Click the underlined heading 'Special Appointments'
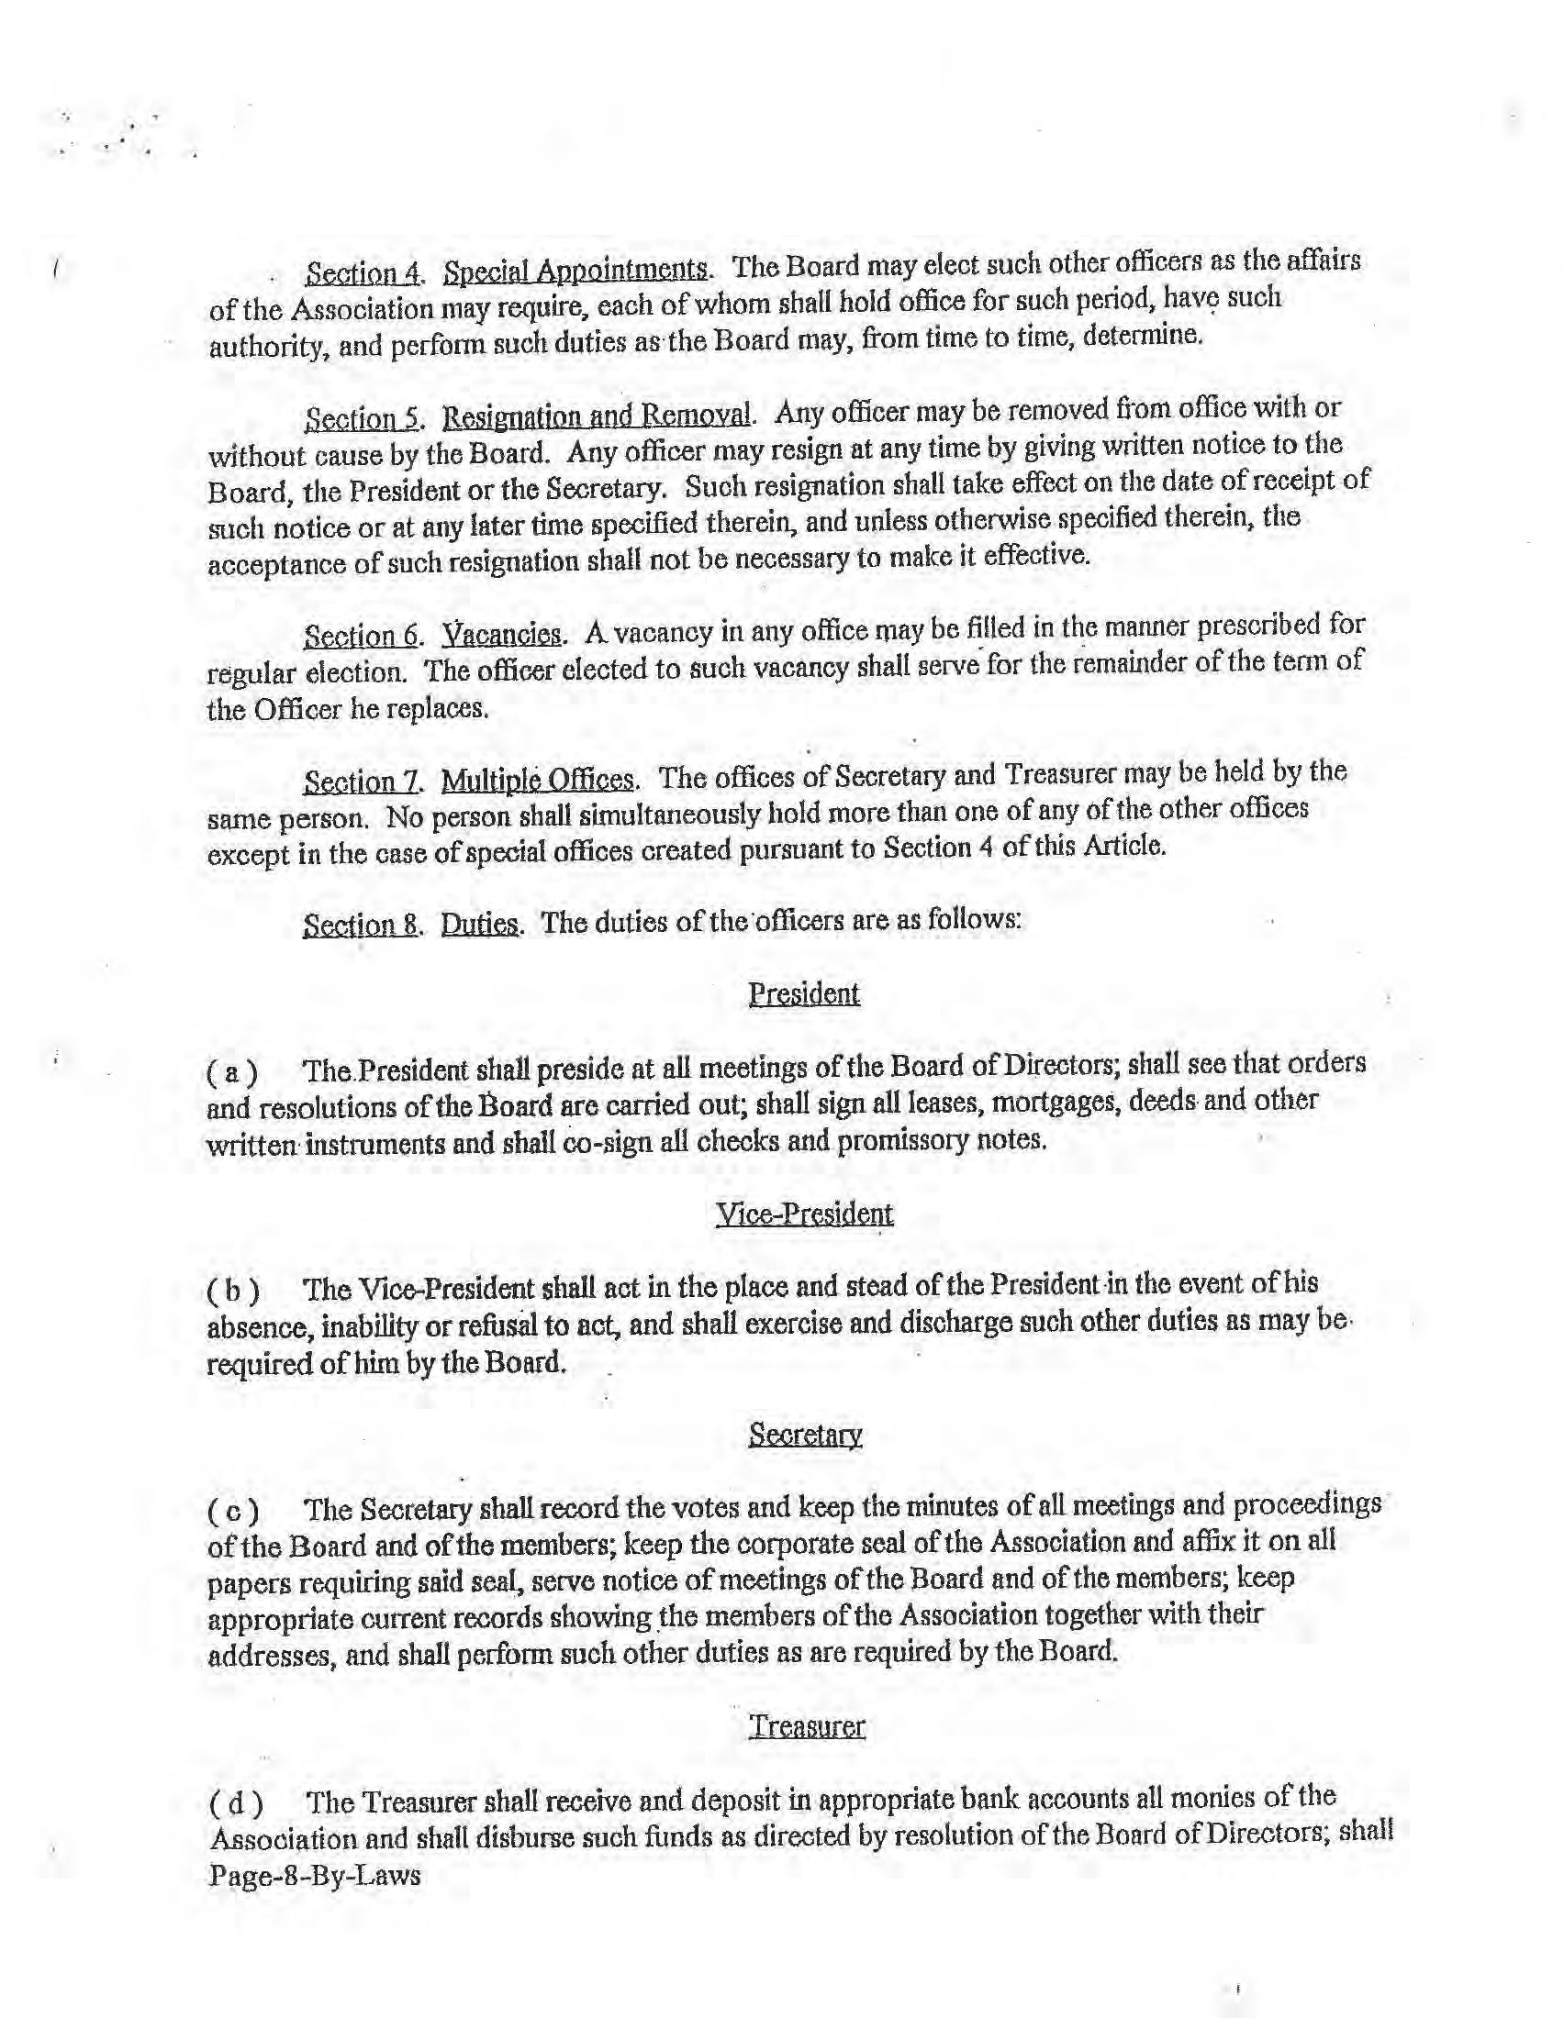(576, 271)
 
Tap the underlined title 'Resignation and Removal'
(598, 416)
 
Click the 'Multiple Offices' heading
(538, 780)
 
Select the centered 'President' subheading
(803, 994)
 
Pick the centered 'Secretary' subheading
(805, 1434)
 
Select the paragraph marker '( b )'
(231, 1291)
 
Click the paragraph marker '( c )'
(231, 1512)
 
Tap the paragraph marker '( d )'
(233, 1802)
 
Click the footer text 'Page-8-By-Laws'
(314, 1876)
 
